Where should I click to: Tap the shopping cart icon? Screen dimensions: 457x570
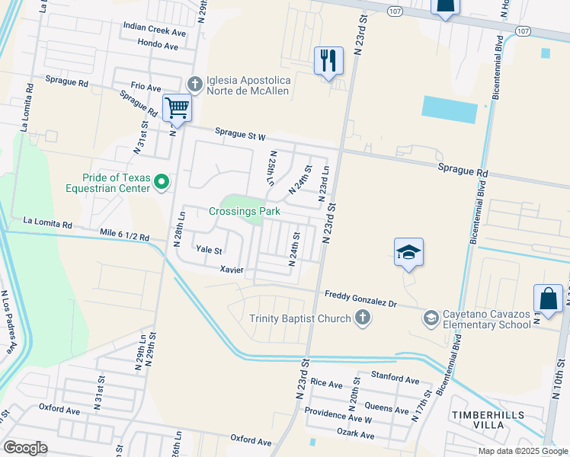177,108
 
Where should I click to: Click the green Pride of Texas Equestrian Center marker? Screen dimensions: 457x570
161,182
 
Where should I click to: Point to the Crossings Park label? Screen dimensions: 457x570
245,211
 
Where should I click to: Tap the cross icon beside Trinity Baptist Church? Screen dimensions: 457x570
363,318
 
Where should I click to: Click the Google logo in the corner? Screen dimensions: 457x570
24,448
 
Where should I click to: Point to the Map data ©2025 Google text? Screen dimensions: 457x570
522,451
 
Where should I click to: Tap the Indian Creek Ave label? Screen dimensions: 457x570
155,32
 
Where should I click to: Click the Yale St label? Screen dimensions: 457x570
208,250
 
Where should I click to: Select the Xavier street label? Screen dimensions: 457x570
231,270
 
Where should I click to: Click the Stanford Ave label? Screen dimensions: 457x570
395,379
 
